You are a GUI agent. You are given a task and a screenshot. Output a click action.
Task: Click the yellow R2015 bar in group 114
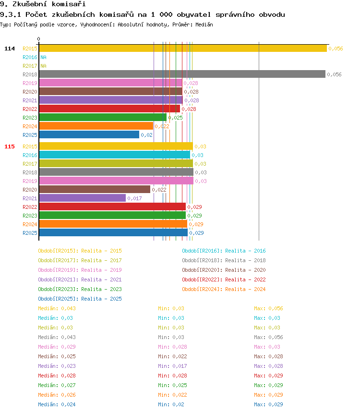click(182, 49)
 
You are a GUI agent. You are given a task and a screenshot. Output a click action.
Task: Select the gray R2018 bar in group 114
click(182, 74)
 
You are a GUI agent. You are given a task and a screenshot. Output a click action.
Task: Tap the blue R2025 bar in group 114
click(89, 135)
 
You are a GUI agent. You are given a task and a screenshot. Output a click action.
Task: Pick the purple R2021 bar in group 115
click(82, 198)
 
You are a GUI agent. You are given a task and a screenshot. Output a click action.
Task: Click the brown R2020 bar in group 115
click(94, 190)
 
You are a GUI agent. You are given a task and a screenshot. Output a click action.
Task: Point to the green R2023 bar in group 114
click(102, 118)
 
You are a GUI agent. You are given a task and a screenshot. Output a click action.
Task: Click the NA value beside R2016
click(43, 57)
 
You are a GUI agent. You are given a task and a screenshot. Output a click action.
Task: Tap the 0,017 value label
click(134, 198)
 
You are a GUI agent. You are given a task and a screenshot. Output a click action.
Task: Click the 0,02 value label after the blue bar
click(146, 135)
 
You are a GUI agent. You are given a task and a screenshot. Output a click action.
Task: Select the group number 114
click(10, 49)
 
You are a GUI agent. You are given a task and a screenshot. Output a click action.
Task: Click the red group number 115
click(10, 146)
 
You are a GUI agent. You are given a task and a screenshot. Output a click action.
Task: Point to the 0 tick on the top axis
click(39, 39)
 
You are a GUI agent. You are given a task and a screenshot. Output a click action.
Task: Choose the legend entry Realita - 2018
click(224, 260)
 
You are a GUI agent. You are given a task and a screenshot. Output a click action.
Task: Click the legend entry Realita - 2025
click(80, 299)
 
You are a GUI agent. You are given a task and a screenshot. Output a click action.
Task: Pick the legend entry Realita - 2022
click(224, 279)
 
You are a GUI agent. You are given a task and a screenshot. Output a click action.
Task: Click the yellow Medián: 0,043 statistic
click(57, 308)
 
